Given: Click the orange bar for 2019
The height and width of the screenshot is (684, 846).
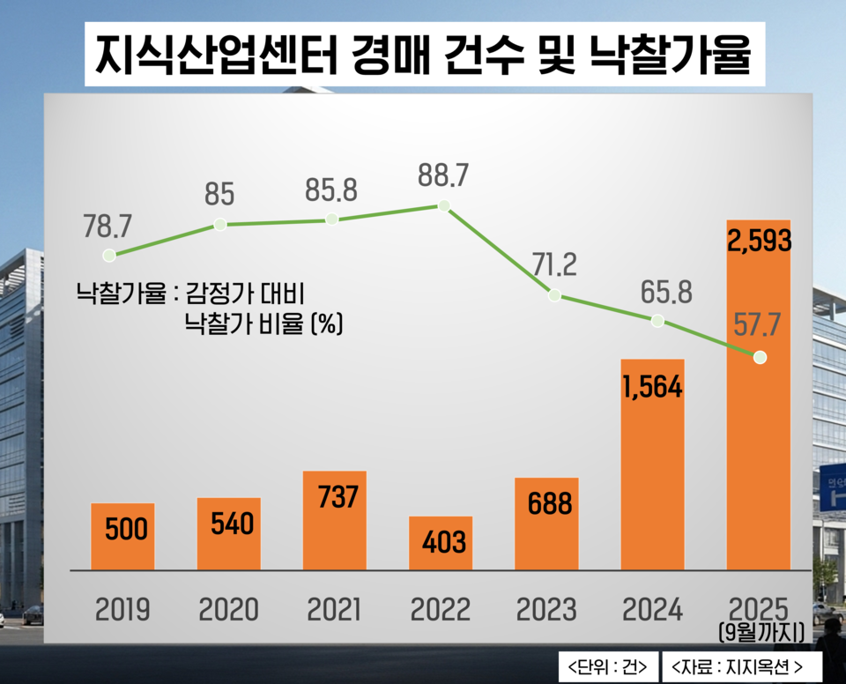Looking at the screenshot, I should (123, 536).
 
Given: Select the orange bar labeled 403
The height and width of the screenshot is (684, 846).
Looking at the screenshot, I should (441, 542).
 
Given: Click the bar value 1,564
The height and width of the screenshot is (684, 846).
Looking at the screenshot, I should (652, 386).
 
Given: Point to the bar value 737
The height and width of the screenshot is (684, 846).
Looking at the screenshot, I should (335, 497).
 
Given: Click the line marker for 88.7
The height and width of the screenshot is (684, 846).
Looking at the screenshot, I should (444, 206).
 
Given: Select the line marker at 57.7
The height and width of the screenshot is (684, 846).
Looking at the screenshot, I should (760, 358).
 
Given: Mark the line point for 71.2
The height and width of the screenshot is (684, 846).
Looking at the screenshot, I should (553, 295).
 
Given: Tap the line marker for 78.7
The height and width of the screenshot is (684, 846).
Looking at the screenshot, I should (109, 256).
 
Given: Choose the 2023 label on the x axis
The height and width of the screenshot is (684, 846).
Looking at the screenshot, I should (545, 609).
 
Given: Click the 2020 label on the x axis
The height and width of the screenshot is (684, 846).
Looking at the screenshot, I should (229, 609).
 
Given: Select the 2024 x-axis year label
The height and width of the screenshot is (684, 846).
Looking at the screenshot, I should (652, 609).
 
